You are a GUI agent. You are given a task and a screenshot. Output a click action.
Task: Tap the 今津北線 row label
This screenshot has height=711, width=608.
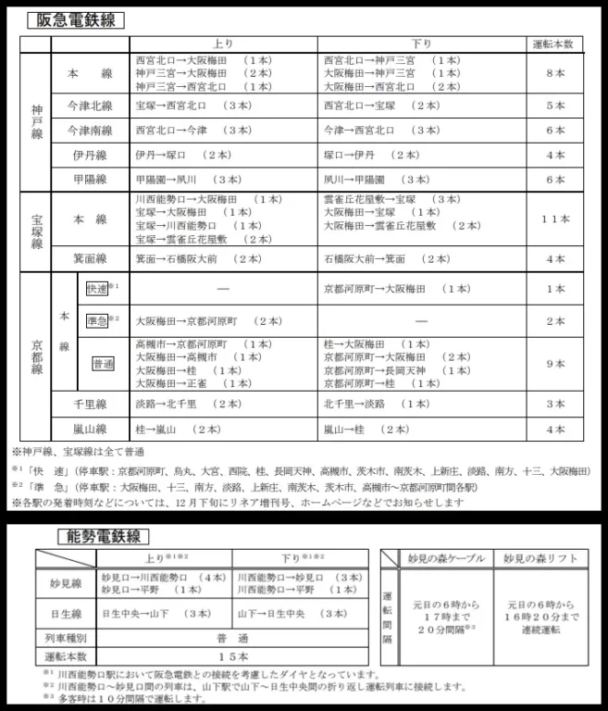tap(90, 106)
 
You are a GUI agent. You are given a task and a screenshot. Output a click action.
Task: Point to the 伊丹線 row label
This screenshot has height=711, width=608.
tap(90, 155)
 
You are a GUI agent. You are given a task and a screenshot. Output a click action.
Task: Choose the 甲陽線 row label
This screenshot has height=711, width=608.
tap(90, 179)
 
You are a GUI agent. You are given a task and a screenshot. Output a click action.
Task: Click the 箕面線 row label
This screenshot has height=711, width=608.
tap(90, 259)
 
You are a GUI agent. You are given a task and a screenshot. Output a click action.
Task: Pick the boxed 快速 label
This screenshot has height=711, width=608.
tap(97, 288)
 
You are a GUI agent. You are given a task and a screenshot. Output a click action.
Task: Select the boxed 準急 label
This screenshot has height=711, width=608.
tap(97, 320)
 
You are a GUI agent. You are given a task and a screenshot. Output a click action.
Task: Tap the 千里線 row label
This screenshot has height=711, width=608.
tap(90, 404)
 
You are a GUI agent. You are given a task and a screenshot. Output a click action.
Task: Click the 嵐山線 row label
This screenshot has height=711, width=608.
tap(90, 429)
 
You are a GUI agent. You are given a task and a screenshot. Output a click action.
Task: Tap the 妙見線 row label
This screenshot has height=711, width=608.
tap(66, 582)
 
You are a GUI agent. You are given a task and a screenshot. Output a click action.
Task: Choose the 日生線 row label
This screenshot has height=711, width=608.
tap(66, 614)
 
